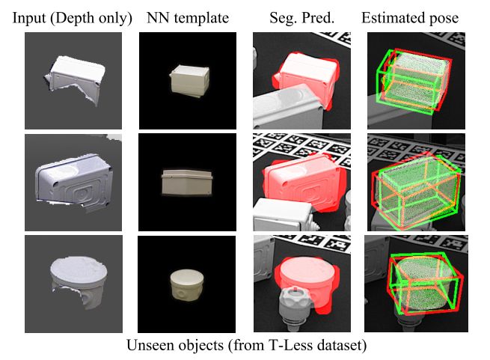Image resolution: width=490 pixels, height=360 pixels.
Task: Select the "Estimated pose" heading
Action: click(x=411, y=17)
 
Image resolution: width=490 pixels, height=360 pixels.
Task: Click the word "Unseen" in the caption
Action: click(x=147, y=347)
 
